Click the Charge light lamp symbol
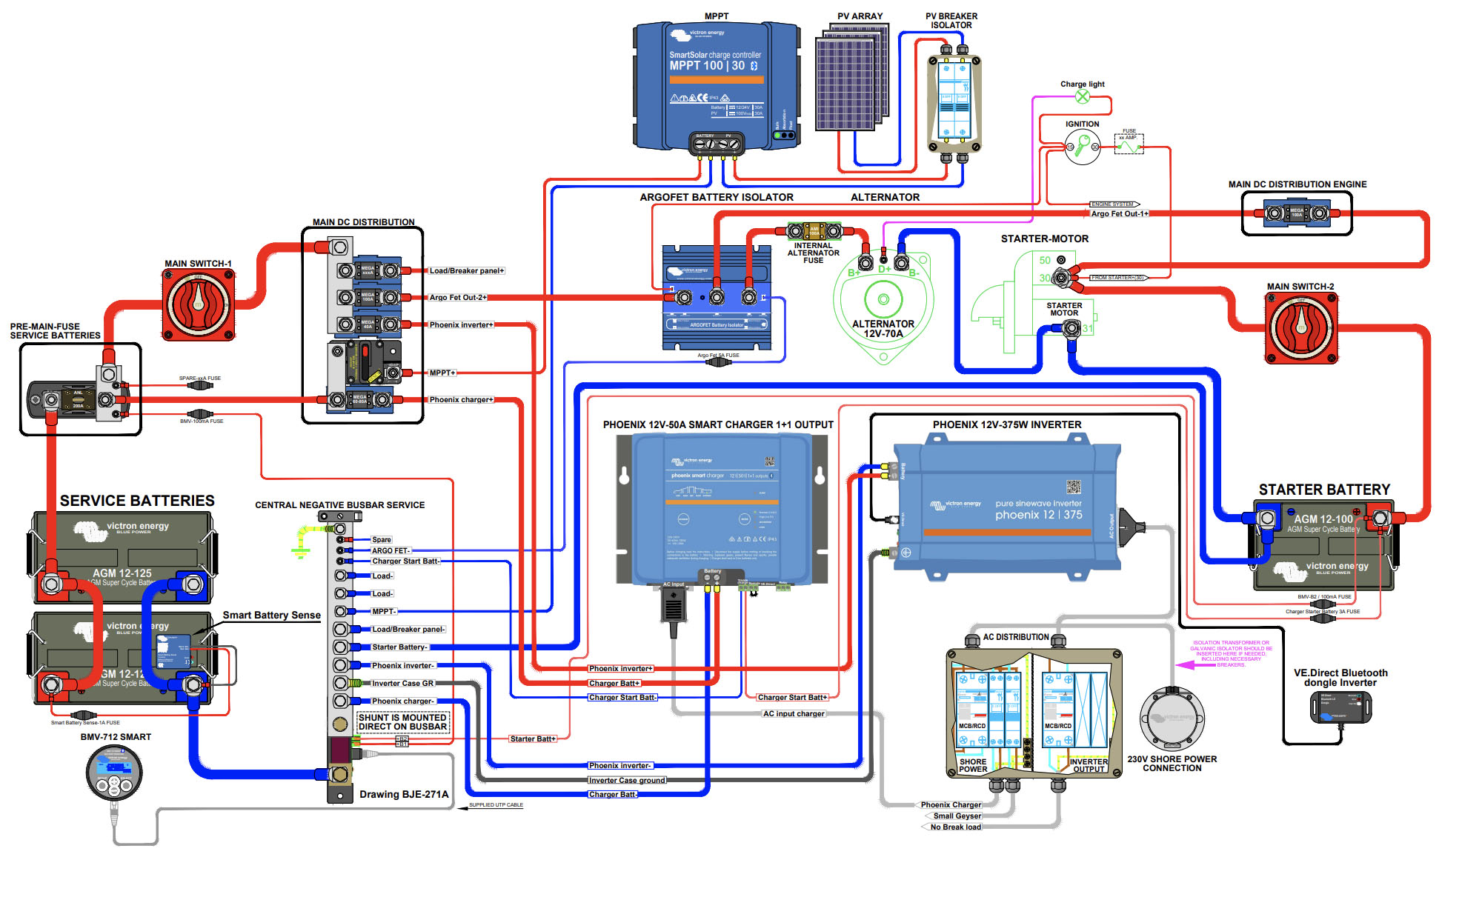pos(1083,96)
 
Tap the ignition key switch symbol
pos(1083,147)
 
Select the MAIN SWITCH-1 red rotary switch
pos(199,304)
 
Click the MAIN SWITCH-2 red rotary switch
pos(1302,327)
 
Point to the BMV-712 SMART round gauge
pos(114,773)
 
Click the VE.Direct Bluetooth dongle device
pos(1341,707)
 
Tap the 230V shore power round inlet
pos(1172,718)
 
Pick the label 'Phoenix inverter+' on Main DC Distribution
pos(461,325)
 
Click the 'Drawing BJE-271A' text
pos(404,794)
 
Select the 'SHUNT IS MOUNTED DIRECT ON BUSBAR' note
pos(402,722)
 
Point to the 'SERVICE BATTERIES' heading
pos(137,501)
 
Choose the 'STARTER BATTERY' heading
pos(1324,490)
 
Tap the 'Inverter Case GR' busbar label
pos(402,683)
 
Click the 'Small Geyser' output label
pos(957,816)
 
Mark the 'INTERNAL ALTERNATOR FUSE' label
pos(813,253)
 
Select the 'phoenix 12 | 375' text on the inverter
pos(1038,515)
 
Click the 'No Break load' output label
pos(955,827)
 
